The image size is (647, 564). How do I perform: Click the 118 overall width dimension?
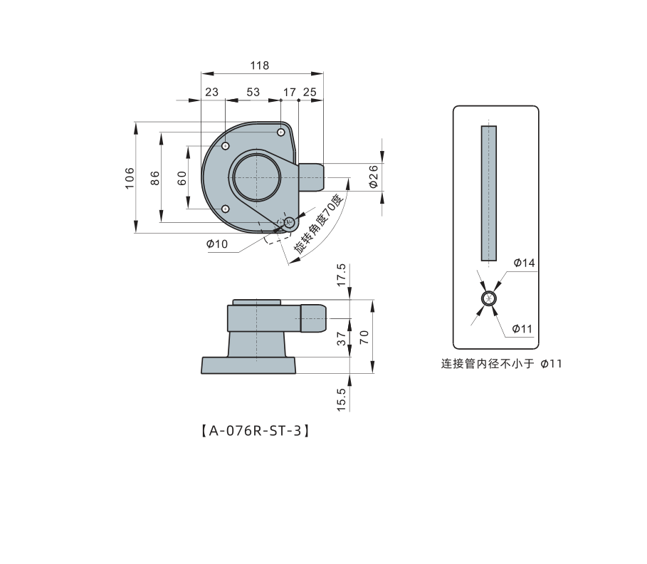260,66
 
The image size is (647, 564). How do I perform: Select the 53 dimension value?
253,92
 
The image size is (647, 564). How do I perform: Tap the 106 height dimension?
130,178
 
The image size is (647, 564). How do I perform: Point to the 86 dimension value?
154,178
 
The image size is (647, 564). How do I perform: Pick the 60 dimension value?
182,178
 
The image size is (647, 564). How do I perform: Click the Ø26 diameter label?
373,177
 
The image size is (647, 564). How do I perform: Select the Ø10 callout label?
217,244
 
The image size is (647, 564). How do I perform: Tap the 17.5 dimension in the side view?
341,275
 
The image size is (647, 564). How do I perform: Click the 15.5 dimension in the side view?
341,399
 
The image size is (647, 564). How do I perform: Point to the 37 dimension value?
341,338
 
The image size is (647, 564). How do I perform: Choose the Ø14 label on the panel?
524,263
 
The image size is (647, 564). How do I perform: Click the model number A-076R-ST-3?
256,431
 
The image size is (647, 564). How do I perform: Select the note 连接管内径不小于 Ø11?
501,364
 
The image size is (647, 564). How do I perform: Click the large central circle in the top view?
257,177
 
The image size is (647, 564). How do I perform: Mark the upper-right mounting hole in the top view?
280,132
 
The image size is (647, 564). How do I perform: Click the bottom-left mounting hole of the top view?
226,209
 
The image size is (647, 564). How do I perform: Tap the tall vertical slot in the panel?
489,193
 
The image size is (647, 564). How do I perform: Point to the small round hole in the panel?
489,298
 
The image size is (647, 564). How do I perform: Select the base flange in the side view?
248,366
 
